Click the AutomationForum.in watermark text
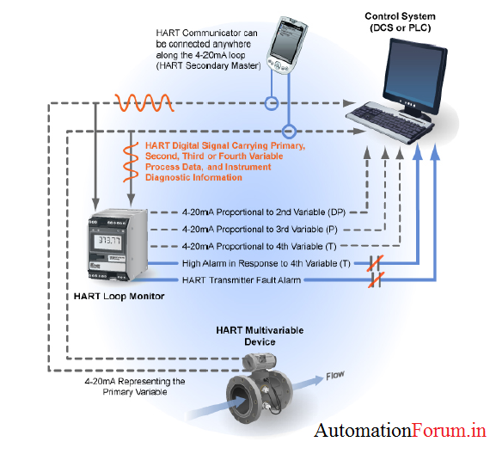pyautogui.click(x=400, y=430)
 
